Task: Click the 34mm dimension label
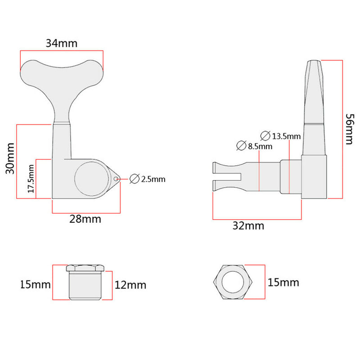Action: (61, 44)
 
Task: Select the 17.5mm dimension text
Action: (31, 179)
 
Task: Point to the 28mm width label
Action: (85, 219)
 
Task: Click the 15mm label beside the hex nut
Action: (283, 283)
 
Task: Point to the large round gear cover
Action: (92, 180)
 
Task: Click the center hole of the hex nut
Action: (233, 283)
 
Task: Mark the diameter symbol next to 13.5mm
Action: (265, 135)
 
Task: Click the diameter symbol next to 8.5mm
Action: (240, 146)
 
